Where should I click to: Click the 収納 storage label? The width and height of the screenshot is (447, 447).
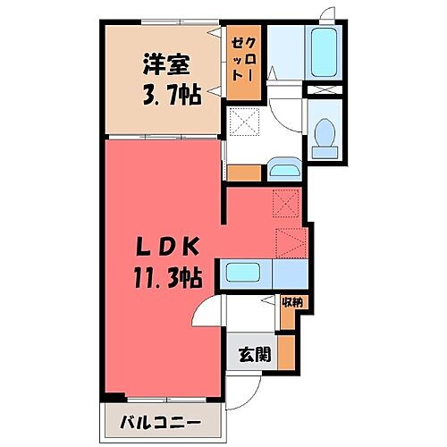pyautogui.click(x=292, y=303)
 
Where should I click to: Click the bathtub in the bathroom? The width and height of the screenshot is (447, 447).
pyautogui.click(x=323, y=53)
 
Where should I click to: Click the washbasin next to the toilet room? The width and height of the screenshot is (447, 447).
pyautogui.click(x=283, y=169)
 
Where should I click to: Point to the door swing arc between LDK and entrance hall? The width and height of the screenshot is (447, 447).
pyautogui.click(x=207, y=314)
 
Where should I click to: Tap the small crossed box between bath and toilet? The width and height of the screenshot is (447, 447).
pyautogui.click(x=319, y=90)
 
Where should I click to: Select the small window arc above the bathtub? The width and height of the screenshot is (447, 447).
pyautogui.click(x=329, y=13)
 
